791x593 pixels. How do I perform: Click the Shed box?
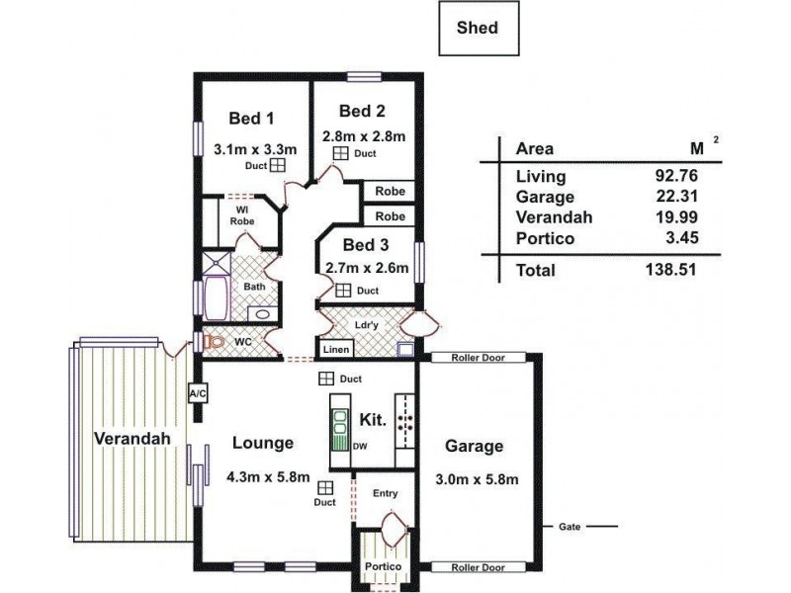click(479, 29)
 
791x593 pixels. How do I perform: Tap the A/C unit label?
click(198, 393)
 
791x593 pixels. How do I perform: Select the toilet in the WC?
click(214, 342)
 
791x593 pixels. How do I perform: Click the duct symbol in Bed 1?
click(278, 165)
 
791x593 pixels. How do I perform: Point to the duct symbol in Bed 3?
click(343, 291)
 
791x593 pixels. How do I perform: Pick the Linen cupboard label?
click(336, 349)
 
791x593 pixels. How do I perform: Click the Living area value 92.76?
click(676, 176)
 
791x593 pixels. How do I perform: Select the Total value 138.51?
click(671, 269)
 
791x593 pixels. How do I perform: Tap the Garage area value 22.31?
click(677, 196)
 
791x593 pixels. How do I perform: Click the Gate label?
click(570, 527)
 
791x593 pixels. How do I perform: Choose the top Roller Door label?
click(478, 358)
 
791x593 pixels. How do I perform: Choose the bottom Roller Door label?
click(478, 567)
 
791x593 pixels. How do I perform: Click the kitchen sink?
click(340, 423)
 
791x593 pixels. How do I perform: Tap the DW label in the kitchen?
click(360, 447)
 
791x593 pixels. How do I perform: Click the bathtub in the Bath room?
click(216, 298)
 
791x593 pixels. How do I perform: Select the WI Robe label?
click(242, 215)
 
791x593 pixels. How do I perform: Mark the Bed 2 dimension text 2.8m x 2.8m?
click(364, 136)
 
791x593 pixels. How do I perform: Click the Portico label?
click(383, 566)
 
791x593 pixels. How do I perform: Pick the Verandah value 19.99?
click(676, 217)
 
